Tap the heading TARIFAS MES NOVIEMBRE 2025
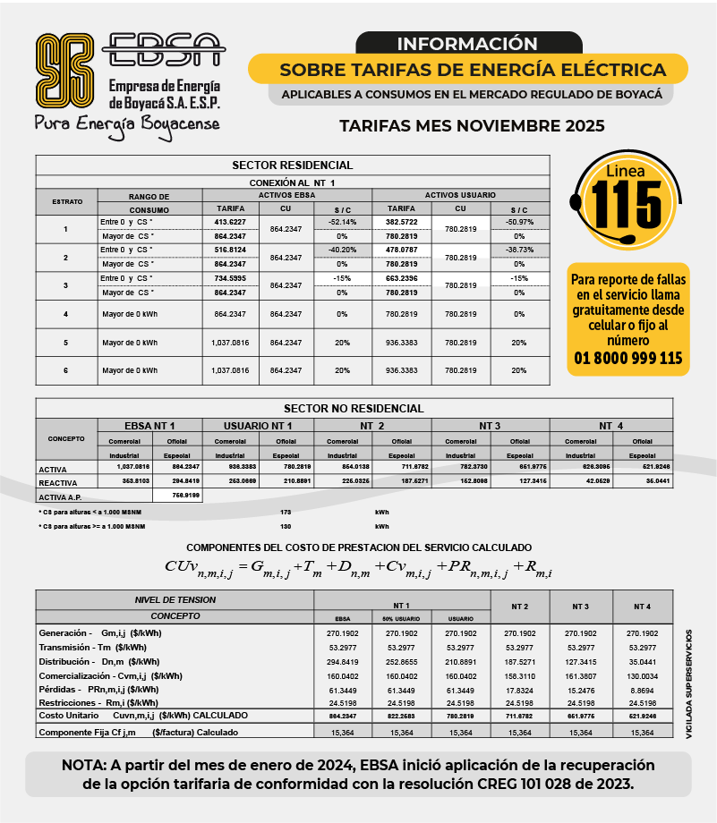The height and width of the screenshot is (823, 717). (x=472, y=125)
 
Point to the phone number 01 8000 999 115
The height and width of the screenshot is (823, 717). (x=627, y=359)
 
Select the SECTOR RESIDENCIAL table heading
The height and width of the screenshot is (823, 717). (x=292, y=165)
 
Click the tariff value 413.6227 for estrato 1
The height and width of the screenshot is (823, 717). (x=230, y=221)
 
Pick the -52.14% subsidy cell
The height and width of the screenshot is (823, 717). (x=342, y=221)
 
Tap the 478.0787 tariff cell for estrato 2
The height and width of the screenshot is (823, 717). (x=401, y=250)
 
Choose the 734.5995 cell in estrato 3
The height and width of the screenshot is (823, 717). (x=230, y=278)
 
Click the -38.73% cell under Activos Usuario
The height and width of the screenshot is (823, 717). (x=519, y=250)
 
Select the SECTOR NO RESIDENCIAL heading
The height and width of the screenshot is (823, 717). (x=354, y=409)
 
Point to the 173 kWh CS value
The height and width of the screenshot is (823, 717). (x=286, y=513)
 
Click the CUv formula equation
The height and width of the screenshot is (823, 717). (x=358, y=568)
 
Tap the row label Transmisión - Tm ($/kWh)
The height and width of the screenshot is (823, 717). (x=93, y=647)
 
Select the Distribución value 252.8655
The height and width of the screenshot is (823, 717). (x=401, y=661)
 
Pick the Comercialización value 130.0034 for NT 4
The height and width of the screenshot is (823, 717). (x=642, y=675)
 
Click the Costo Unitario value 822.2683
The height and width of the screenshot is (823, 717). (x=401, y=717)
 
